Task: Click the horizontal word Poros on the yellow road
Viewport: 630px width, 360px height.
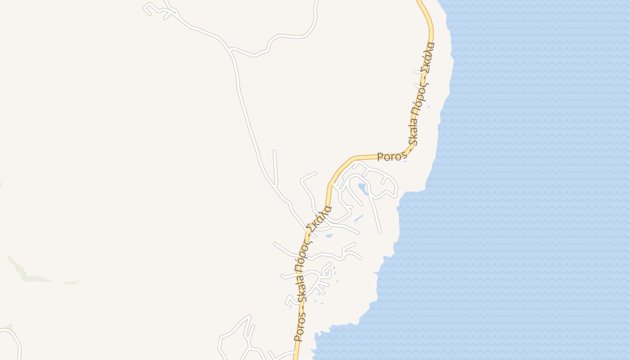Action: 392,157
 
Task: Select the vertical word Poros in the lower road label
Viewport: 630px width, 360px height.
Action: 299,325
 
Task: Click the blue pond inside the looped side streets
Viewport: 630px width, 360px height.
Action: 362,187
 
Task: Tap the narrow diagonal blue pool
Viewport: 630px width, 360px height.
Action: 358,219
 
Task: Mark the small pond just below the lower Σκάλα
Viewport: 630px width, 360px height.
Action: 329,235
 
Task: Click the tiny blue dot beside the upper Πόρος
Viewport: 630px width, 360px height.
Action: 428,107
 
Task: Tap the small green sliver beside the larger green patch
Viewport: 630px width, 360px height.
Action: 71,283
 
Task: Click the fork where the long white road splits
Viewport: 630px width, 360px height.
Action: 230,49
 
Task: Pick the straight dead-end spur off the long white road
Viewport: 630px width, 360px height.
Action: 275,166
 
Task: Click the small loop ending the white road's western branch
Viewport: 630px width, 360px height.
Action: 148,9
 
